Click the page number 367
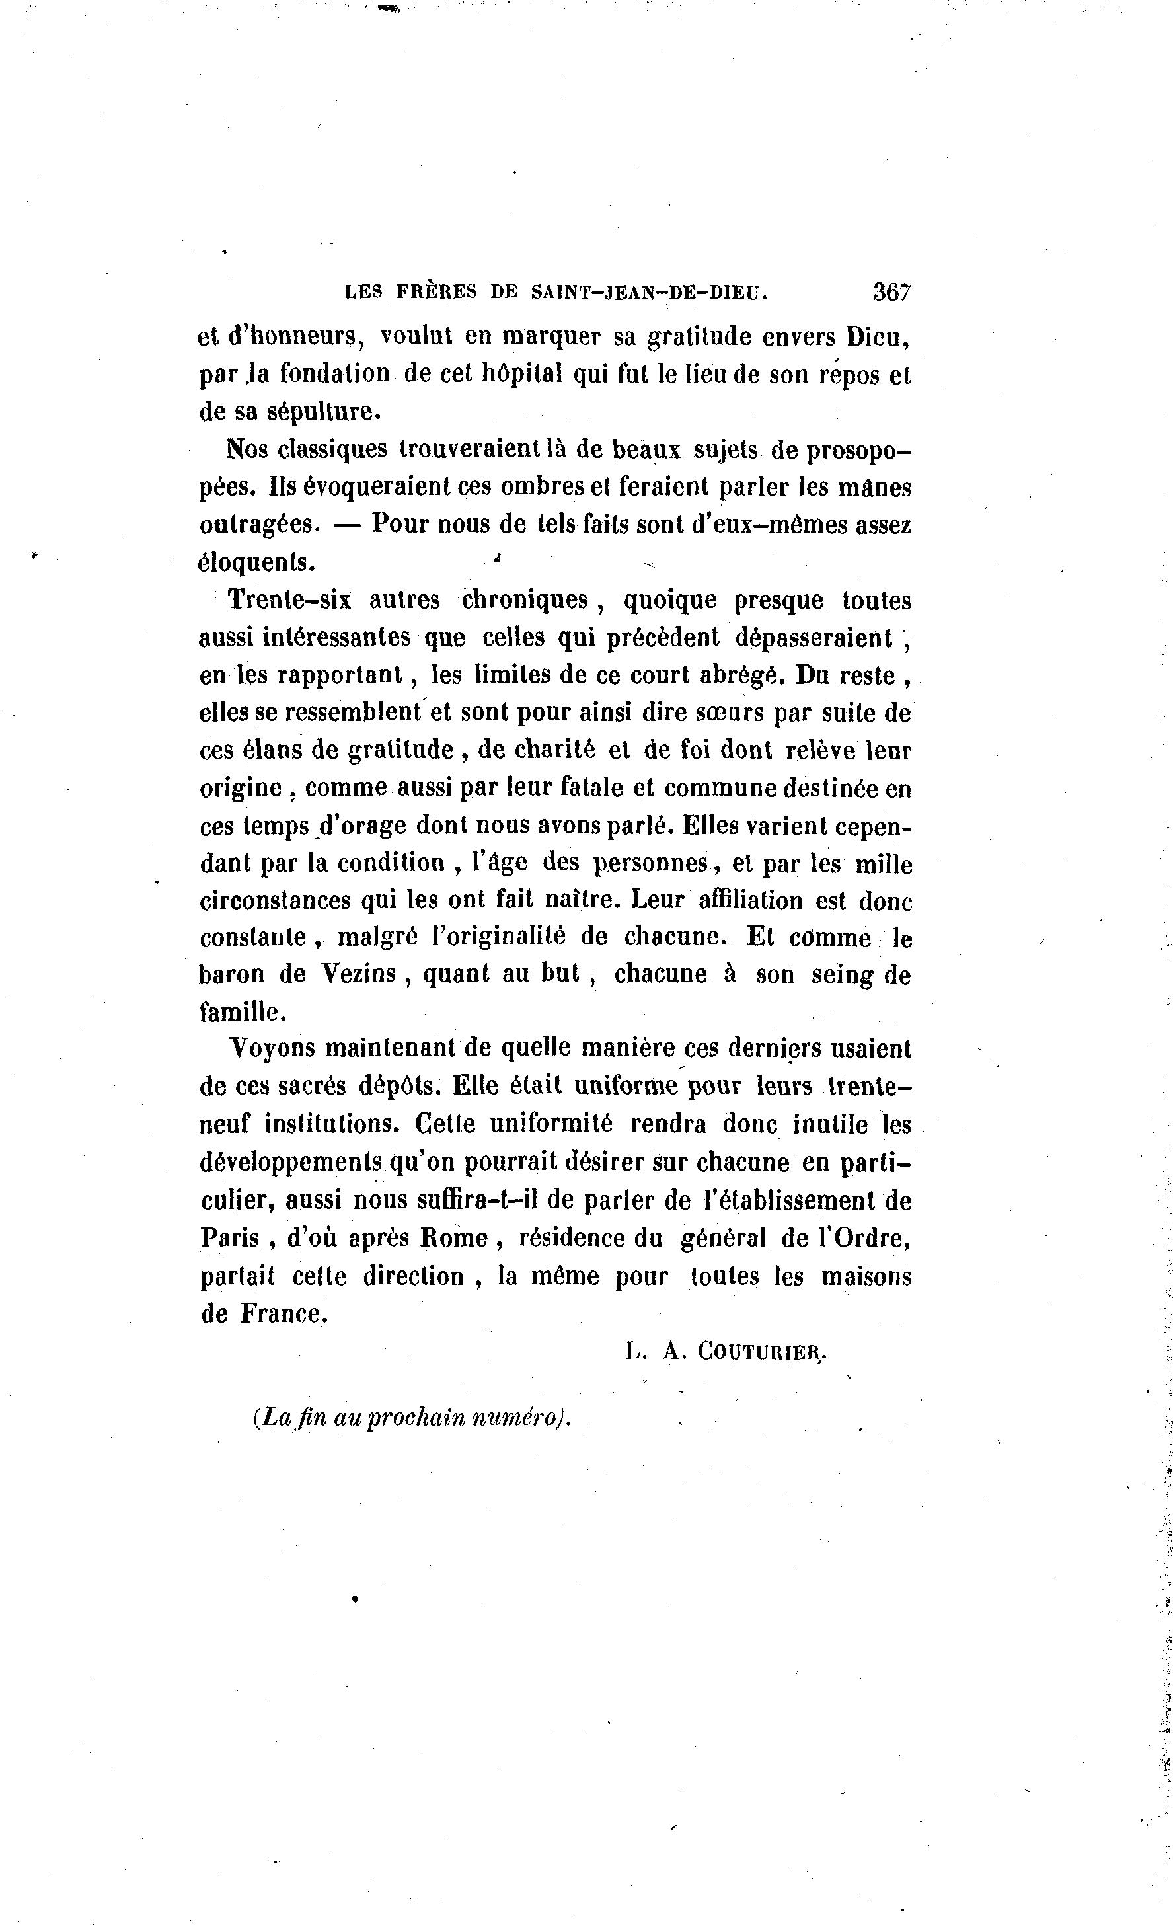(891, 292)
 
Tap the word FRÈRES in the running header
(436, 292)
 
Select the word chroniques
(524, 599)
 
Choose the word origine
(241, 788)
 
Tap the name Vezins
(359, 975)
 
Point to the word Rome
(453, 1238)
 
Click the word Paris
(230, 1238)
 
